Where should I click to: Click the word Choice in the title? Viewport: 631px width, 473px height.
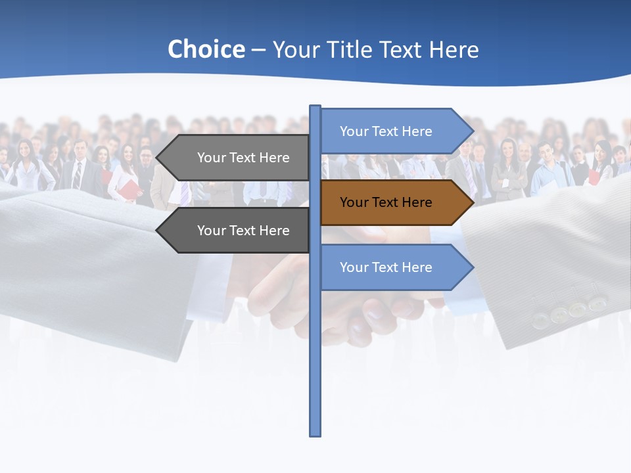[x=206, y=49]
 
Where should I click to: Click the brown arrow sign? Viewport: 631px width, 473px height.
[x=394, y=202]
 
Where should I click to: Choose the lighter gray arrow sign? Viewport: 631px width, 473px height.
[x=237, y=158]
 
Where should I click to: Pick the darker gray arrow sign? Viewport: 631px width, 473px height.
[x=237, y=231]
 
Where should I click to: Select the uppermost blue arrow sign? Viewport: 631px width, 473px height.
[x=394, y=131]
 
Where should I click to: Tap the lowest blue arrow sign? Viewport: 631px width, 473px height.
[x=394, y=267]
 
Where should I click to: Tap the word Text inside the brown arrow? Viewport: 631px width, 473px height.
[x=386, y=202]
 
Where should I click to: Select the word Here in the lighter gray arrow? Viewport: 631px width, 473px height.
[x=275, y=158]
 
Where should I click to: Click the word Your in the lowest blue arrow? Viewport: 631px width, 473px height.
[x=353, y=267]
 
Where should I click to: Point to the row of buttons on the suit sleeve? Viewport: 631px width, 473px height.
[x=569, y=311]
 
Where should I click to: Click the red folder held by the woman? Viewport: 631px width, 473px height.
[x=131, y=190]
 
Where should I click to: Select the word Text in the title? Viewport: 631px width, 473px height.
[x=401, y=49]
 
